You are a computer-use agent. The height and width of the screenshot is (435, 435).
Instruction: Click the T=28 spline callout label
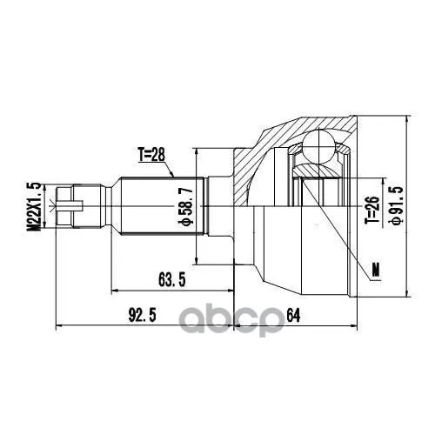pos(151,155)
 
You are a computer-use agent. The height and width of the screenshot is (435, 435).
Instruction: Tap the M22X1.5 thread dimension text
pos(33,207)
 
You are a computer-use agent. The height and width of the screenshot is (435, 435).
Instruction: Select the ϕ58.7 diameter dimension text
pos(185,206)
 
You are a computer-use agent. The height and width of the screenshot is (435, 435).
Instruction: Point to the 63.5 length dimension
pos(172,280)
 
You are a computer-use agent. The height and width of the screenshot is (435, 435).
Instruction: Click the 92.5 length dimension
pos(143,315)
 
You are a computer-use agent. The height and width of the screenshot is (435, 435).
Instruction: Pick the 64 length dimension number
pos(293,315)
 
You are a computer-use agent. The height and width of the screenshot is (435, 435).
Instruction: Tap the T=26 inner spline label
pos(372,211)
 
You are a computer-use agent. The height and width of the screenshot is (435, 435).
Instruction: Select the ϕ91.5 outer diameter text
pos(396,206)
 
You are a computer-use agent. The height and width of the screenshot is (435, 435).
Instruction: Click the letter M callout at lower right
pos(376,270)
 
